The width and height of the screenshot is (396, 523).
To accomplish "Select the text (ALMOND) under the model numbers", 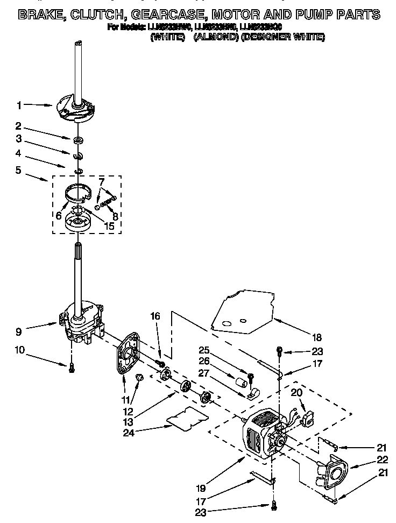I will [214, 37].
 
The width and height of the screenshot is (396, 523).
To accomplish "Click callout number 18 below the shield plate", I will [316, 337].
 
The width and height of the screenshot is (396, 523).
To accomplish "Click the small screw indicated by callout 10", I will [70, 367].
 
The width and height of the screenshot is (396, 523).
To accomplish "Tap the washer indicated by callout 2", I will [79, 141].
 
